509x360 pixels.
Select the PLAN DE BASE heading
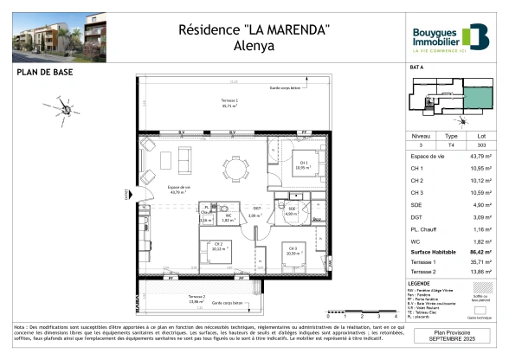pos(42,74)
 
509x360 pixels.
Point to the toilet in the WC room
pos(222,210)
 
